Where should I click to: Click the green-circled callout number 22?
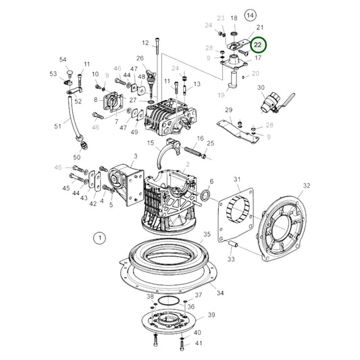[259, 45]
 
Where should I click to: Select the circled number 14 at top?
[251, 14]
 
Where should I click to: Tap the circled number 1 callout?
[99, 238]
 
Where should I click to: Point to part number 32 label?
[306, 186]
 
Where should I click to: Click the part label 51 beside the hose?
[57, 126]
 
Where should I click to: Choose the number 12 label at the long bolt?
[145, 43]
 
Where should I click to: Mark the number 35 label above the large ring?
[207, 234]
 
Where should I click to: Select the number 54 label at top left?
[63, 60]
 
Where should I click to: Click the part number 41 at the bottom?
[198, 344]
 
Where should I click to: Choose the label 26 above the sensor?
[140, 59]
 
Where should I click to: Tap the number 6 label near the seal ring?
[211, 182]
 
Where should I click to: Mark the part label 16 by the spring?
[200, 138]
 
